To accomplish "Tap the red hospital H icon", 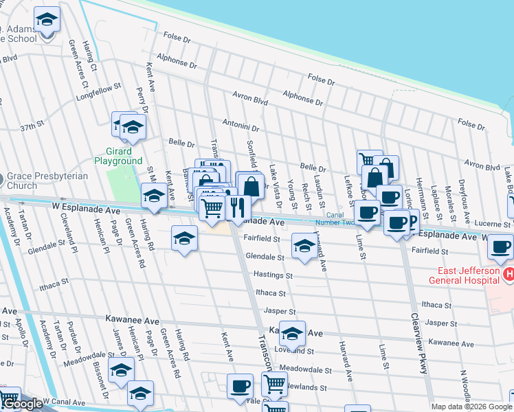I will (509, 275).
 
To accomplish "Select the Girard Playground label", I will (118, 156).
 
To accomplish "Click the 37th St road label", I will (32, 127).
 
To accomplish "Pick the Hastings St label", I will (273, 275).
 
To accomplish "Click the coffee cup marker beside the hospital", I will (500, 246).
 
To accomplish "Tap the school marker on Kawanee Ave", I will (292, 334).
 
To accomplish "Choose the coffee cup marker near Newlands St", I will (240, 386).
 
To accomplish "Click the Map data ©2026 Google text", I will (471, 407).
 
